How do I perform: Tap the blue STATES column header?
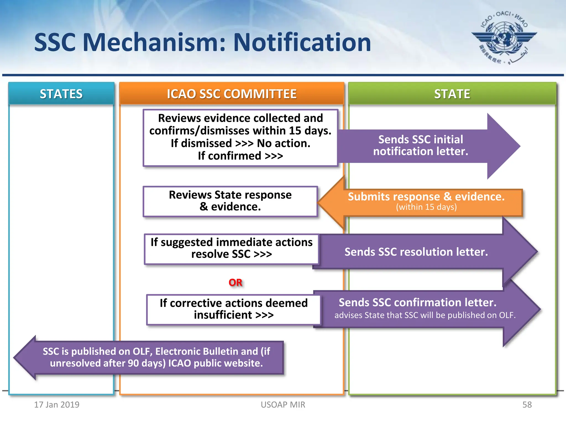pos(61,94)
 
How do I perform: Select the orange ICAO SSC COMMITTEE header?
pos(232,94)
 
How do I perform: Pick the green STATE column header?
pos(452,94)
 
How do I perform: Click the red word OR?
pos(235,282)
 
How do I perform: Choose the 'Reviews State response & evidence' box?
pos(230,201)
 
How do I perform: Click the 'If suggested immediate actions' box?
pos(232,248)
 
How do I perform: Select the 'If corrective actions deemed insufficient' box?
pos(234,309)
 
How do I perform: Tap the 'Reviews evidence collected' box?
pos(240,137)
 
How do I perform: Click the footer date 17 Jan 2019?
pos(57,405)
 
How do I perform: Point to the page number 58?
pos(527,405)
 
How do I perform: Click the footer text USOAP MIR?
pos(283,405)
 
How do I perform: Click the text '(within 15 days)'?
pos(426,207)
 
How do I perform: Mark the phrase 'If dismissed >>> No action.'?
pos(240,143)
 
